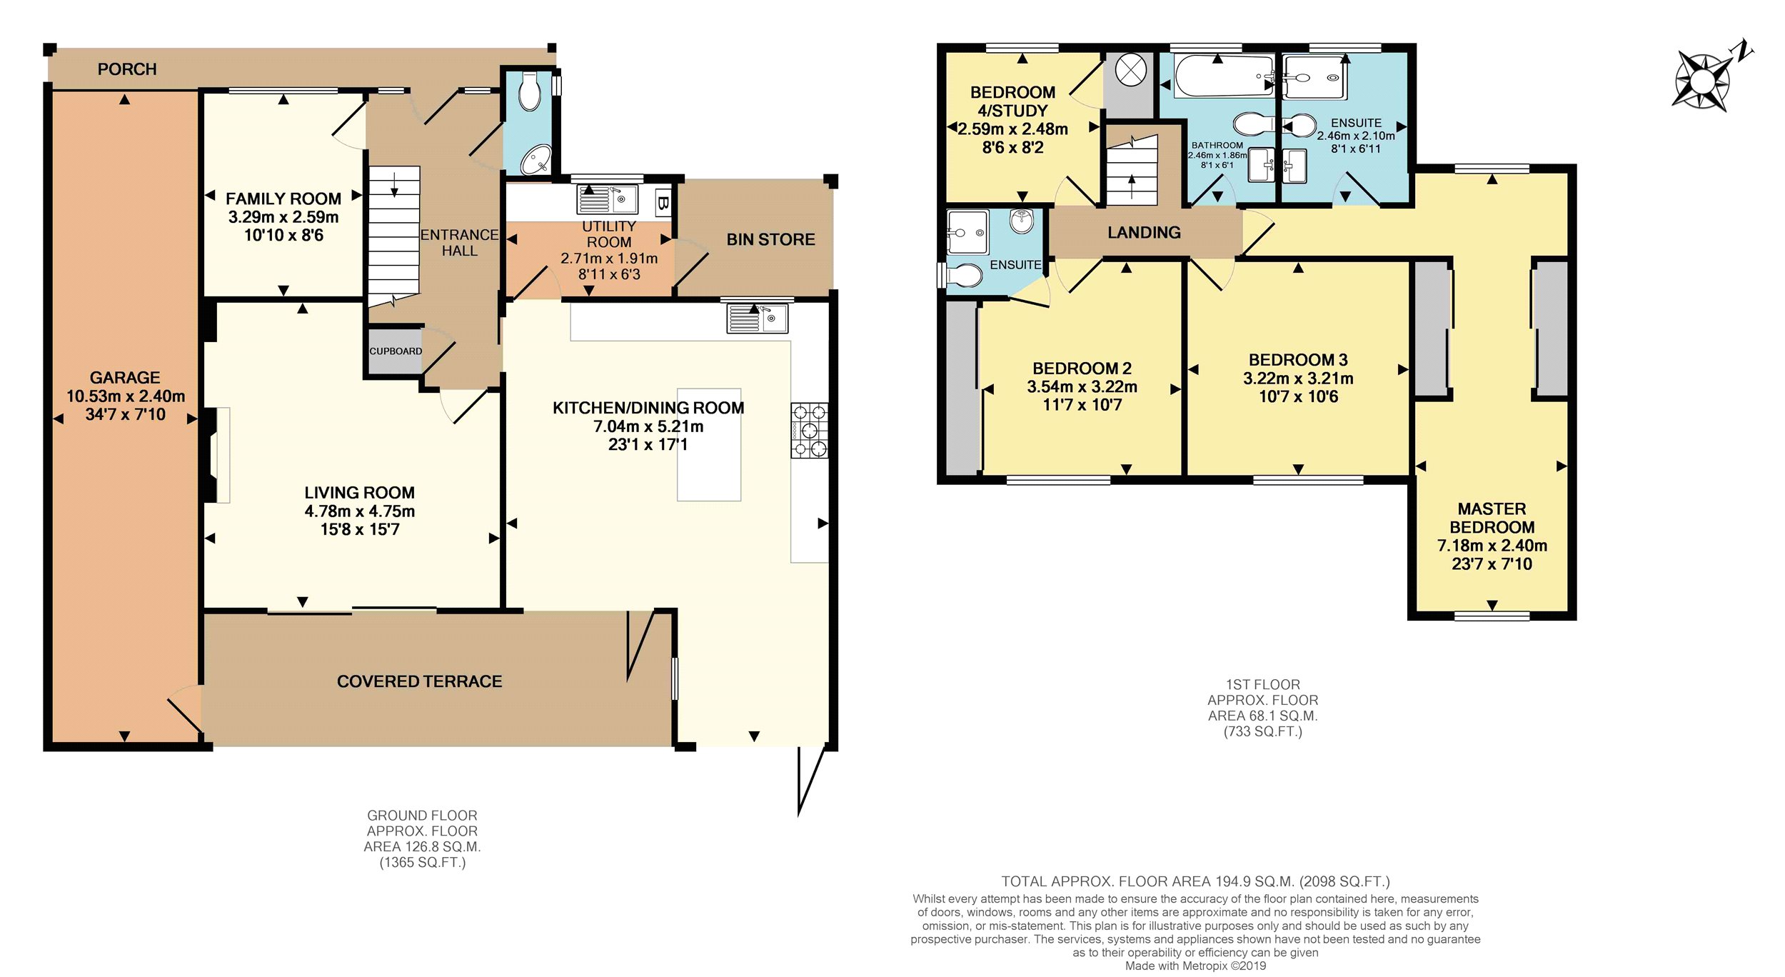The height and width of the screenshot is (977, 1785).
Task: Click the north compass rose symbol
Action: point(1704,80)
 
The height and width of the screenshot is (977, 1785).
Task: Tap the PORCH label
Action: point(127,69)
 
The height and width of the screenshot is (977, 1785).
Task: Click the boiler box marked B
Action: point(663,203)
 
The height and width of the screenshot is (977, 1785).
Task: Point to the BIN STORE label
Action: point(770,239)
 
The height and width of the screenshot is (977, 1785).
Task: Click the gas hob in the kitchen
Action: point(809,430)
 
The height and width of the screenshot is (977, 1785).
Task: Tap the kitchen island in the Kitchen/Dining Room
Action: point(709,444)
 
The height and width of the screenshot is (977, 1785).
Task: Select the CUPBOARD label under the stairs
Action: point(396,351)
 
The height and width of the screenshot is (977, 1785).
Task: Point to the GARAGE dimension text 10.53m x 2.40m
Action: point(126,396)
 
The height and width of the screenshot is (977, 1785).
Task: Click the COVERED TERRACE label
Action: point(420,681)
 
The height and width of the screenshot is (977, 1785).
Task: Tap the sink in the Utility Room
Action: point(608,199)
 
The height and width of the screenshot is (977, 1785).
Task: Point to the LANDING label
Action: point(1144,232)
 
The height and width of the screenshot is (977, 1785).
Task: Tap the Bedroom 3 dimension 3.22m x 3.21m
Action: point(1298,379)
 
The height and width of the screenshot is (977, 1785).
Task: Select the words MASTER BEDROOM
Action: point(1492,518)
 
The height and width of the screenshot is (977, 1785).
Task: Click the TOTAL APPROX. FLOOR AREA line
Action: point(1195,881)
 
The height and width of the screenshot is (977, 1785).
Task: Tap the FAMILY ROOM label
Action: point(283,199)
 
